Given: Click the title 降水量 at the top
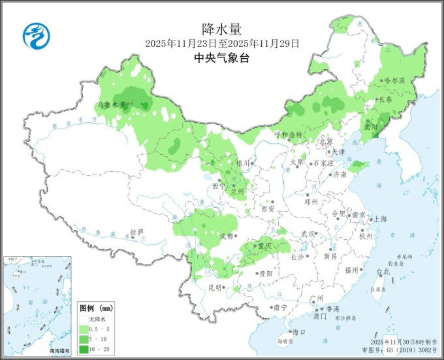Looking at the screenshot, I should pyautogui.click(x=222, y=29).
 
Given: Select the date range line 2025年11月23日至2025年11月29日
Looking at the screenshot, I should pyautogui.click(x=222, y=43).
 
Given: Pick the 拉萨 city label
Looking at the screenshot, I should pyautogui.click(x=136, y=232).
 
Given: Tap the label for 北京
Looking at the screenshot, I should pyautogui.click(x=326, y=141).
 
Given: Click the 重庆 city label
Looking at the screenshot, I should pyautogui.click(x=264, y=246).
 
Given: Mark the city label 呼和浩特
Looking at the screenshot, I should pyautogui.click(x=288, y=135).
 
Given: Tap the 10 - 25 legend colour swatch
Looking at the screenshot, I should pyautogui.click(x=84, y=350).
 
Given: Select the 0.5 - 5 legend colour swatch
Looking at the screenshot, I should pyautogui.click(x=84, y=329).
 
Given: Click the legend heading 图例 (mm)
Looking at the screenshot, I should pyautogui.click(x=97, y=307).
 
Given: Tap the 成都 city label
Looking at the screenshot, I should pyautogui.click(x=227, y=237).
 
